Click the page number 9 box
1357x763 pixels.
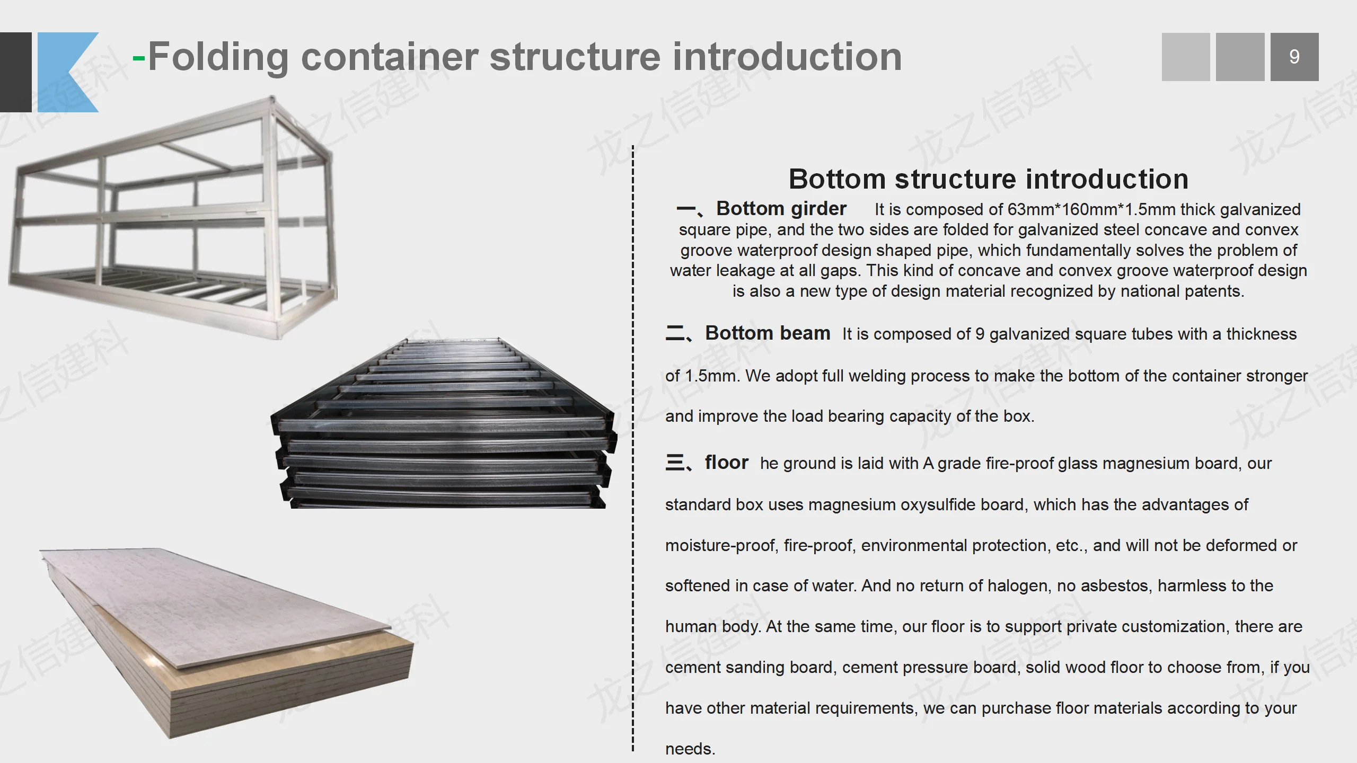pos(1294,57)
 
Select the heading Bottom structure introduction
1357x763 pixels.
pos(988,179)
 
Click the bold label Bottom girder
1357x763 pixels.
pos(781,209)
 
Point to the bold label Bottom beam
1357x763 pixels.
pos(767,333)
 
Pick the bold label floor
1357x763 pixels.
pos(726,463)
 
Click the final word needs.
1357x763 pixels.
pos(690,749)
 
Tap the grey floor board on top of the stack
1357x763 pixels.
pos(223,604)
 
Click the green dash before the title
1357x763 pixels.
pos(138,58)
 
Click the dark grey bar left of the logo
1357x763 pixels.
pos(15,72)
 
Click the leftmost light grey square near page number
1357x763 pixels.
pos(1185,57)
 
